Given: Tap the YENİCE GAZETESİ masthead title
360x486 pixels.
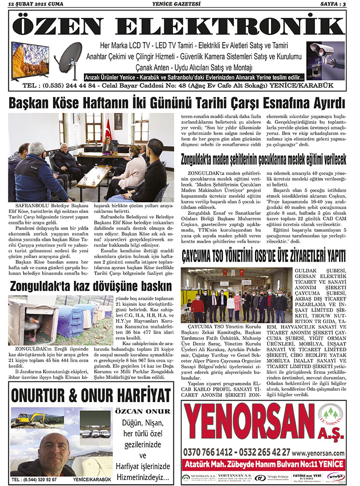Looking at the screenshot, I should tap(180, 4).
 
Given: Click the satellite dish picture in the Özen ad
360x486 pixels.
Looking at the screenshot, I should tap(70, 57).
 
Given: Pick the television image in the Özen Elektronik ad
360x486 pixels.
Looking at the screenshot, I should tap(30, 60).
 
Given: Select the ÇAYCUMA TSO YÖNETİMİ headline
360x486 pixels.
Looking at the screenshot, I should tap(263, 256).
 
